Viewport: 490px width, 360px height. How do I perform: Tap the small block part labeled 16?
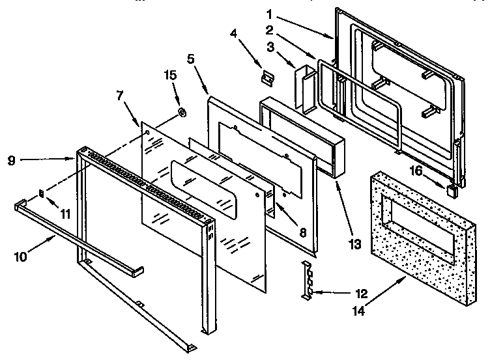tap(451, 189)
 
